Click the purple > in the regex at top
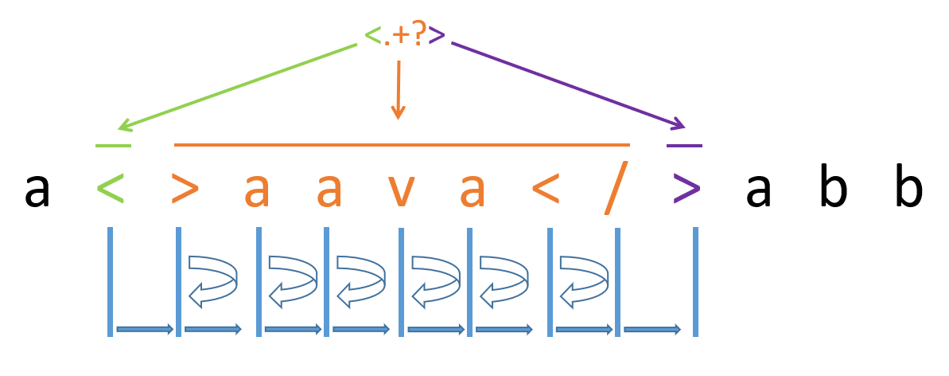point(437,35)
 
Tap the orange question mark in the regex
point(418,33)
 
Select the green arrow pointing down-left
point(239,86)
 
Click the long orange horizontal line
point(402,145)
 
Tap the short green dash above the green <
point(113,146)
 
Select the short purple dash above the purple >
point(684,146)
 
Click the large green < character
point(112,189)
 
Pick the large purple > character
point(686,189)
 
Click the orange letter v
point(402,190)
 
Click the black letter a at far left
point(37,190)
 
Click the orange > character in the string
point(185,189)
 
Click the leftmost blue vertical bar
point(111,280)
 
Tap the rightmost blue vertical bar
point(695,280)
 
